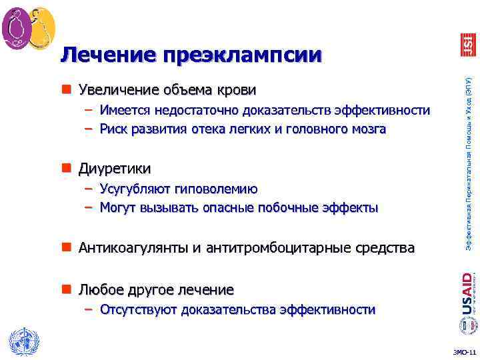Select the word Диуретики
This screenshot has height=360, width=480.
[x=115, y=168]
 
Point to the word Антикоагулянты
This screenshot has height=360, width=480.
[x=132, y=249]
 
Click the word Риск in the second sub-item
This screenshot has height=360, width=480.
[x=113, y=129]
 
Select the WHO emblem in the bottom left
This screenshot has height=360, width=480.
[x=21, y=341]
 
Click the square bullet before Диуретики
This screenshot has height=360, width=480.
[x=69, y=168]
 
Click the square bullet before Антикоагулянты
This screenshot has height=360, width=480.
[x=69, y=249]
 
